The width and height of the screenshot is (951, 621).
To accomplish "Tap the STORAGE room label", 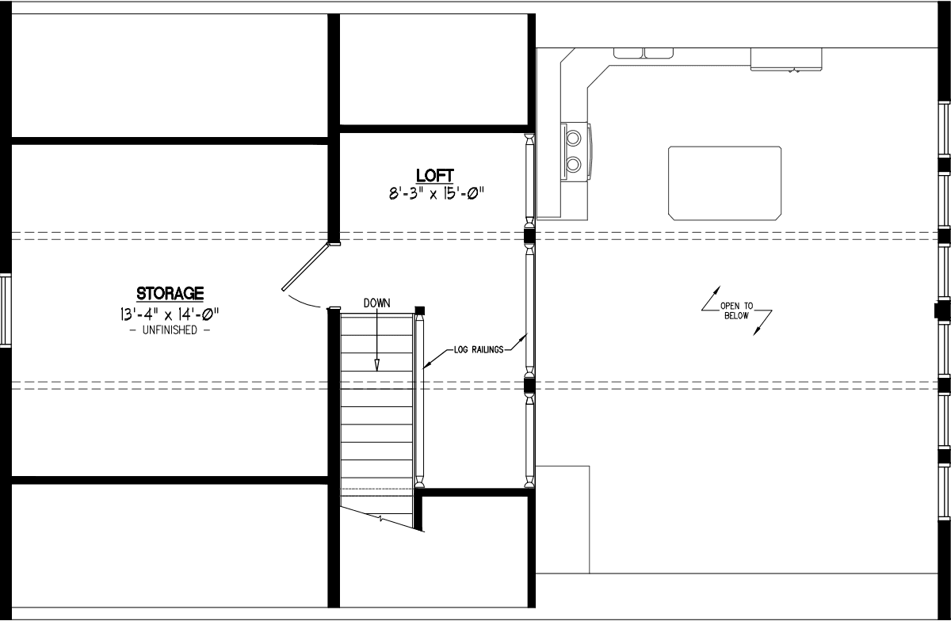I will (x=170, y=294).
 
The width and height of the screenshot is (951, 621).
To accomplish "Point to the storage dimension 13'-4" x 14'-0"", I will (x=170, y=313).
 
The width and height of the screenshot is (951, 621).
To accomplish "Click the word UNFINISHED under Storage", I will (x=170, y=330).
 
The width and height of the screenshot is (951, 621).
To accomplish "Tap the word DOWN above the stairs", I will (x=377, y=303).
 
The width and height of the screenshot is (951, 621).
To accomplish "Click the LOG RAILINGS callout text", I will (x=479, y=349).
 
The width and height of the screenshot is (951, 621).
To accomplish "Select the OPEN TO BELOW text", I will (x=736, y=310).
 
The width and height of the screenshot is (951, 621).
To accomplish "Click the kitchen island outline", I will (x=724, y=183).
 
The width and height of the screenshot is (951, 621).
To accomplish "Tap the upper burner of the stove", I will (x=573, y=139).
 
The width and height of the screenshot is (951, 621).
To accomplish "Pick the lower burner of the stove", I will (x=573, y=165).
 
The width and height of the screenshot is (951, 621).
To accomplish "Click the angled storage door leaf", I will (x=305, y=268).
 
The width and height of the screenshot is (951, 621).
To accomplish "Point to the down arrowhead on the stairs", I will (x=377, y=364).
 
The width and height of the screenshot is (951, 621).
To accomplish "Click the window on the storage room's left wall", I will (x=5, y=309).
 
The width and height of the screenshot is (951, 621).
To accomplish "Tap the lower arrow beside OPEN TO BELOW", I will (x=762, y=324).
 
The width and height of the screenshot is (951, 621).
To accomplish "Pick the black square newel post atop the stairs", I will (x=420, y=310).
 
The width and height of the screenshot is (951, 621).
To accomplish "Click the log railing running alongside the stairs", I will (x=420, y=396).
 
